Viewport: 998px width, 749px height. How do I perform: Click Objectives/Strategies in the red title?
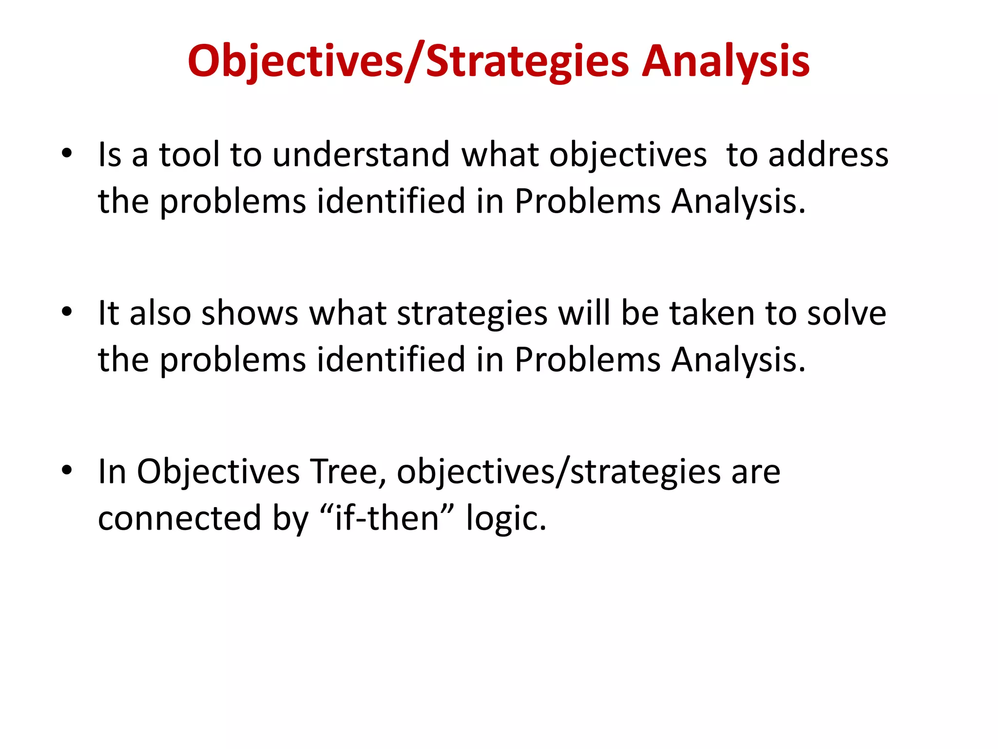[x=408, y=61]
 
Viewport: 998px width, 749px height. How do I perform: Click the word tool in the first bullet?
[x=189, y=155]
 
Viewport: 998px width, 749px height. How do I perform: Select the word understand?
[x=361, y=155]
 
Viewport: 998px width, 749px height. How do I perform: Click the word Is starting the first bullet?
[x=110, y=155]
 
